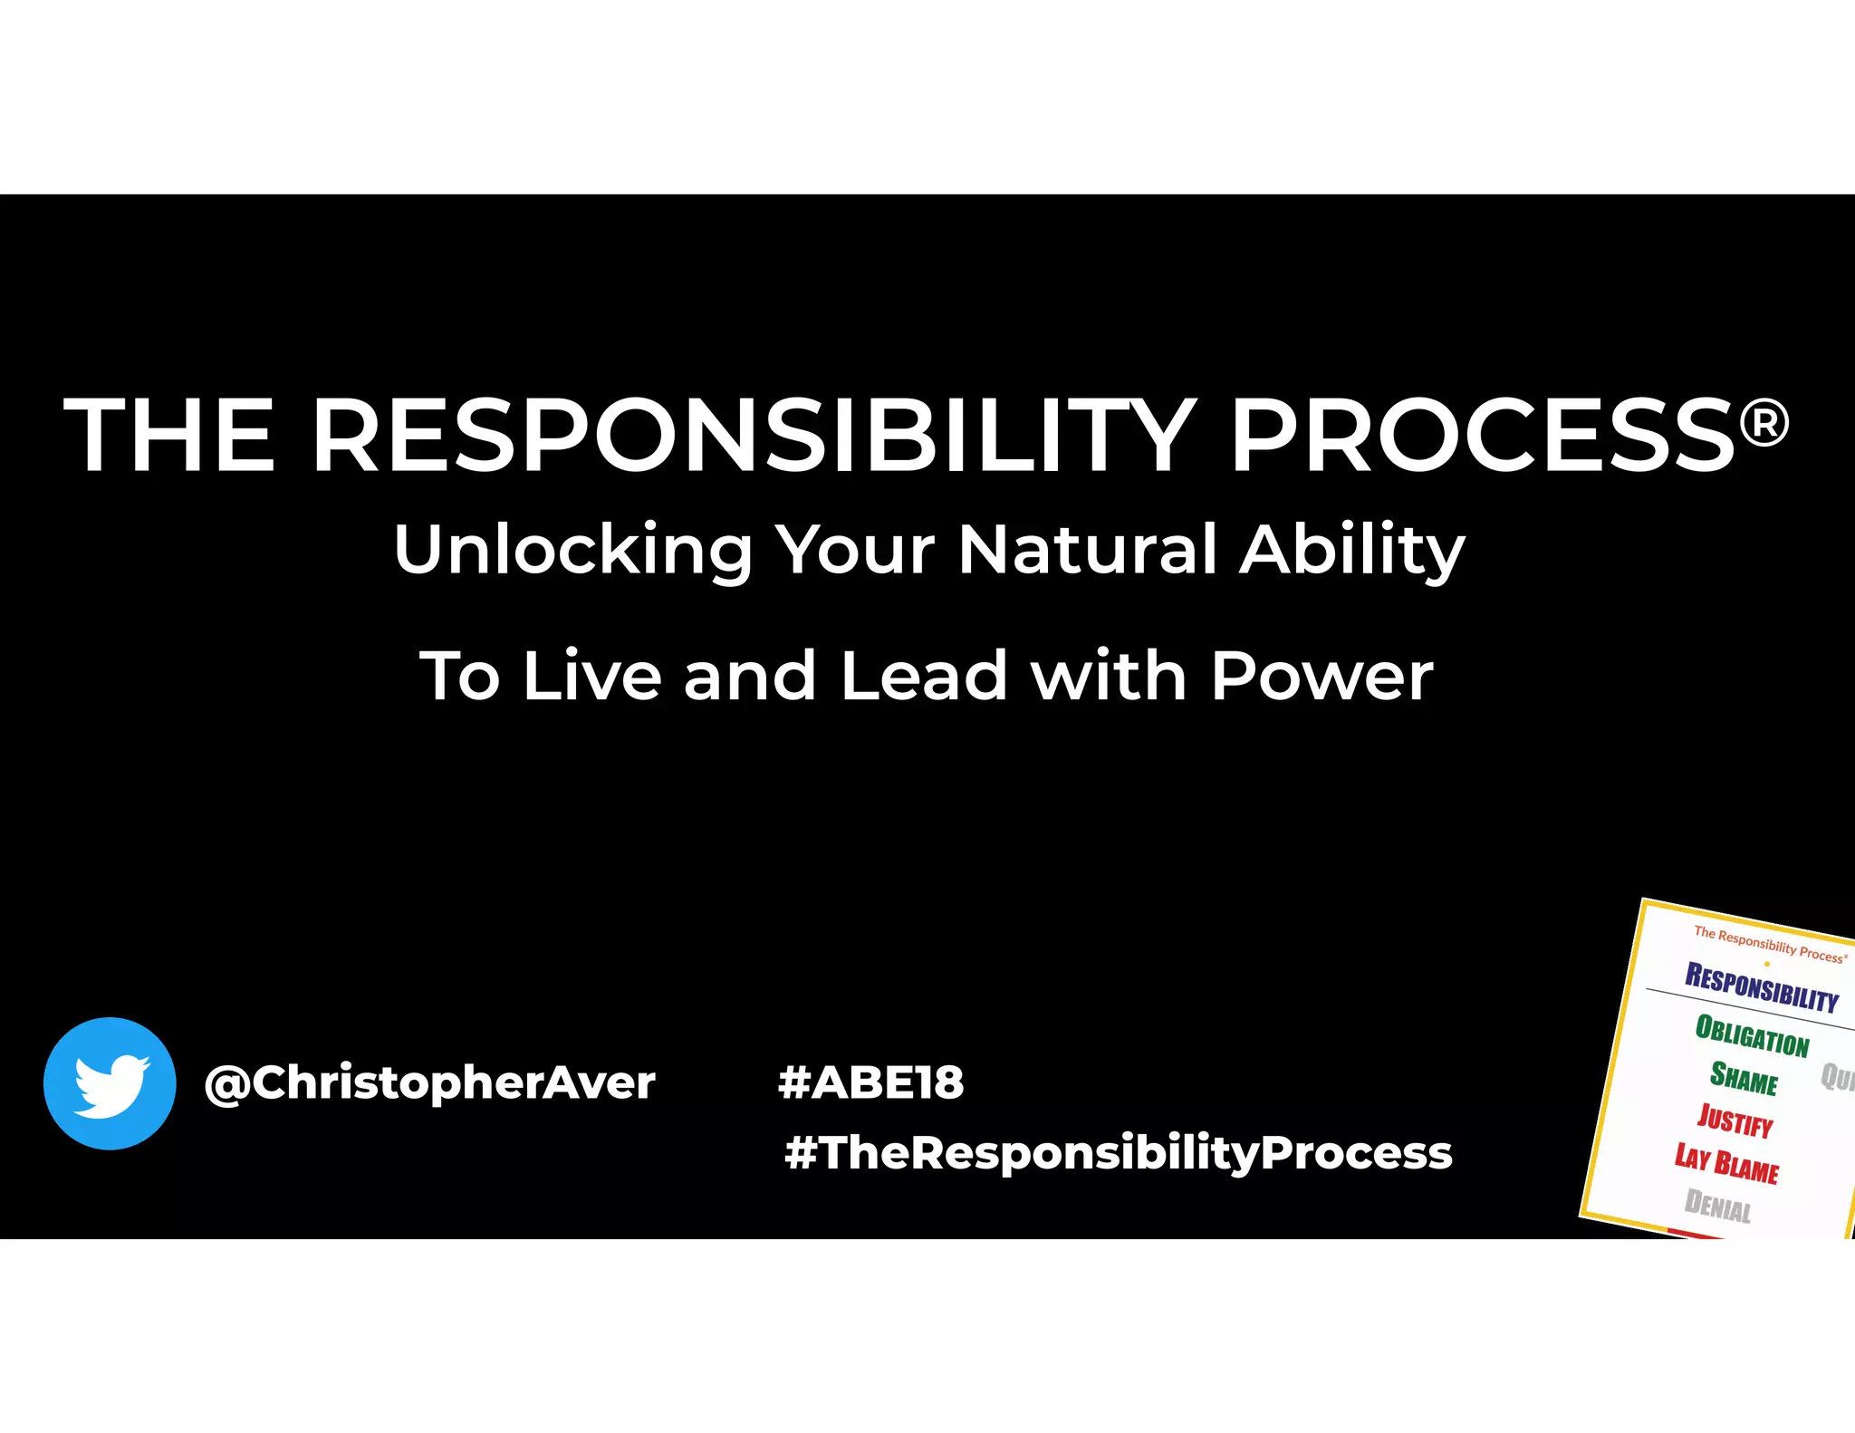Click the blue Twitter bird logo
click(x=110, y=1083)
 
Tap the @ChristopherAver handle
click(x=429, y=1083)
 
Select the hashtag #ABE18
click(x=871, y=1082)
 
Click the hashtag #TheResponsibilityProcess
click(x=1118, y=1153)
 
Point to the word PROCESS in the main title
click(x=1482, y=437)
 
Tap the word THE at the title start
click(x=169, y=437)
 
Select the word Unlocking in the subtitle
click(x=572, y=550)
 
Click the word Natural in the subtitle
click(x=1087, y=550)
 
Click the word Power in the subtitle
click(x=1322, y=676)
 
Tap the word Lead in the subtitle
click(x=923, y=676)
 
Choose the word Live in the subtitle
click(x=591, y=676)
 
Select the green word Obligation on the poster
click(x=1752, y=1035)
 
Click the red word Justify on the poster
click(x=1735, y=1120)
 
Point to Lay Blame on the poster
click(x=1726, y=1163)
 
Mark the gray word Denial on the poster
click(x=1717, y=1206)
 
